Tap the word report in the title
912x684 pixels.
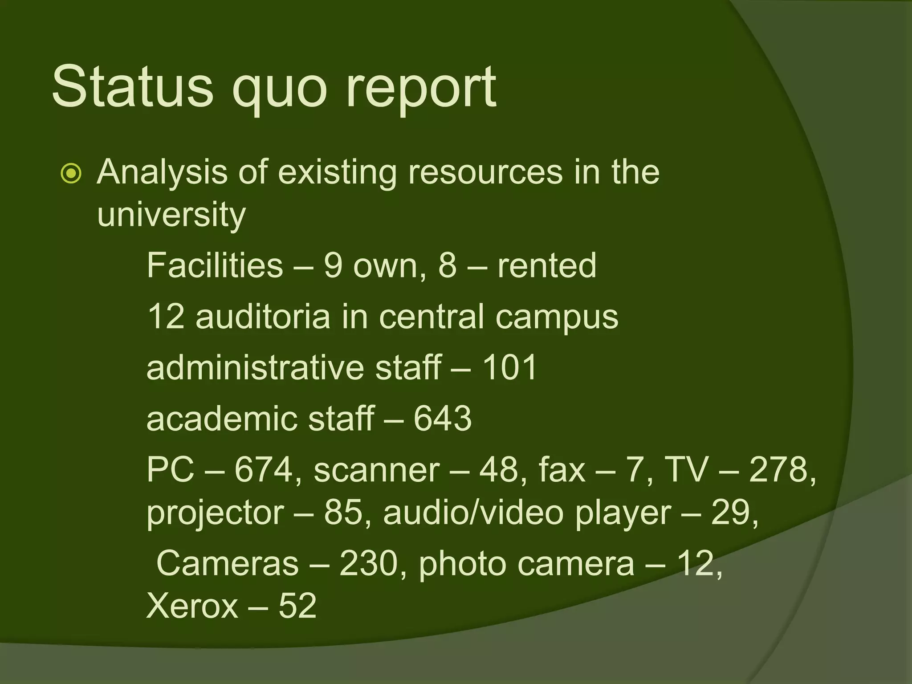[x=420, y=89]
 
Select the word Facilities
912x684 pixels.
[x=215, y=266]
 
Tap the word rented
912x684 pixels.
[x=546, y=266]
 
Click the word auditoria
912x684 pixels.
[x=263, y=317]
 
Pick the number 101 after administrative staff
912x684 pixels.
[x=510, y=368]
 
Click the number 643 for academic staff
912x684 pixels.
[x=442, y=419]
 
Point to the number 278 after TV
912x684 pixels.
[x=782, y=470]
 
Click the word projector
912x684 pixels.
[x=215, y=513]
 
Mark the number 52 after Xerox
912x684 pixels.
[x=297, y=606]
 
